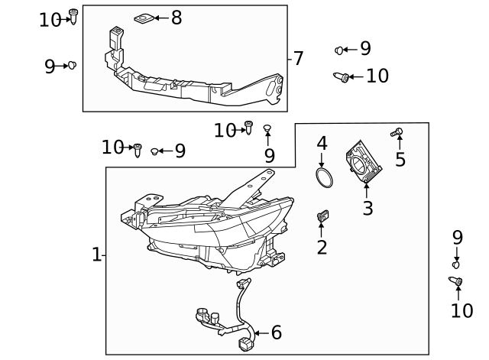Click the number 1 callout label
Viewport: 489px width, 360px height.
tap(96, 255)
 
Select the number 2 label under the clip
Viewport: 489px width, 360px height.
tap(322, 247)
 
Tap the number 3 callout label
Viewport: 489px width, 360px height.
tap(368, 208)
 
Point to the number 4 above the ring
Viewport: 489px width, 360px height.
tap(322, 143)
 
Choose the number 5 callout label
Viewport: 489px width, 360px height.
tap(400, 160)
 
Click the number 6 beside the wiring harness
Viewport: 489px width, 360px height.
tap(276, 332)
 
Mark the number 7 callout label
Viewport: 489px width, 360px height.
tap(298, 58)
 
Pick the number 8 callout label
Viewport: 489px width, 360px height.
tap(176, 18)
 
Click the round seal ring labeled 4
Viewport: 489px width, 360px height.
tap(325, 180)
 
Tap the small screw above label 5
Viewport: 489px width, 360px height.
tap(397, 133)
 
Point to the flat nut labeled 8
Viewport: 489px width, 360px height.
tap(143, 18)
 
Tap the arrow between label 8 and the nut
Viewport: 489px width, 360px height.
tap(161, 18)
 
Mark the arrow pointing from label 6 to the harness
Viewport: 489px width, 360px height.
tap(261, 332)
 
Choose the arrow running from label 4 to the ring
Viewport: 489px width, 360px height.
tap(322, 161)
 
